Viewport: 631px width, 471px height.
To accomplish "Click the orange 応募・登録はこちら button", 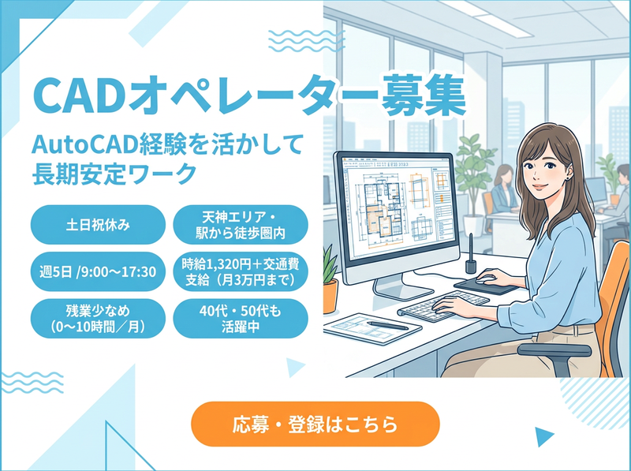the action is tap(315, 424).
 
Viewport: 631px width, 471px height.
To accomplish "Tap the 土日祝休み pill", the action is tap(98, 225).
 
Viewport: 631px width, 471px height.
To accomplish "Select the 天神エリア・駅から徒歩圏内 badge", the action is tap(241, 225).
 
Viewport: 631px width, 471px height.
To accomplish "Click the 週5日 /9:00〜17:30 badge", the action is tap(98, 271).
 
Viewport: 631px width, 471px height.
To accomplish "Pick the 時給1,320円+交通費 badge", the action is tap(241, 271).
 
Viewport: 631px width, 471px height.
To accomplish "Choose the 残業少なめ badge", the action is tap(98, 319).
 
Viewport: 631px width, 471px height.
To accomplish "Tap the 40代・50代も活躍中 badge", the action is tap(241, 319).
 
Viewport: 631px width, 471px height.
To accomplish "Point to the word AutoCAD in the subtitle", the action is tap(85, 144).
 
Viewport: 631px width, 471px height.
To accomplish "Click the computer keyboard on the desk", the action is tap(443, 306).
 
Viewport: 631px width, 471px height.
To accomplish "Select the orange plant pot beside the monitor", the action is tap(330, 297).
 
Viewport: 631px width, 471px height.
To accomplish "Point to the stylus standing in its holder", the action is tap(470, 253).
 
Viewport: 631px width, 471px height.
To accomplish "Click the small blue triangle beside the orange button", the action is tap(543, 436).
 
